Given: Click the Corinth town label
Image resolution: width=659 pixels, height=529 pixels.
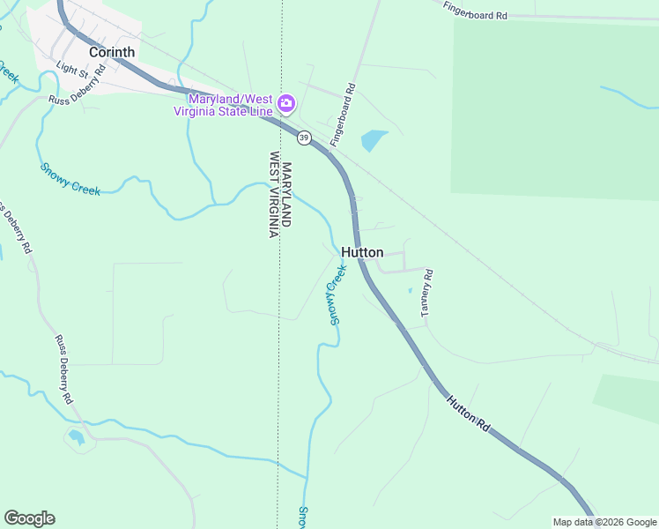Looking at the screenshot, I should pyautogui.click(x=112, y=52).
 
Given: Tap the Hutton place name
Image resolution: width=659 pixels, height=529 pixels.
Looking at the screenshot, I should pyautogui.click(x=362, y=251).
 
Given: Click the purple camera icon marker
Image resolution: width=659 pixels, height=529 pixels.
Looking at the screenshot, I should pyautogui.click(x=285, y=104).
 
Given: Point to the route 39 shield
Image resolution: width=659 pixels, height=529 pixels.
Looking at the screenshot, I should pyautogui.click(x=304, y=138).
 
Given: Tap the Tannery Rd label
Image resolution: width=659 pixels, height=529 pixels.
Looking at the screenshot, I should pyautogui.click(x=427, y=294).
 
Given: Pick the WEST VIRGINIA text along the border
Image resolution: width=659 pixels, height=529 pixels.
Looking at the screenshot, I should pyautogui.click(x=274, y=194).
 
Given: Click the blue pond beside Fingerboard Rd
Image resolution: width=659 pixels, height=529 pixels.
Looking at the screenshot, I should pyautogui.click(x=374, y=139).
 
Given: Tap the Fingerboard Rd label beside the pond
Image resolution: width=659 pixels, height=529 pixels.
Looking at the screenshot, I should pyautogui.click(x=343, y=115).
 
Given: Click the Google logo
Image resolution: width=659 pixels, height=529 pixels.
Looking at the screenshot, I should pyautogui.click(x=29, y=518).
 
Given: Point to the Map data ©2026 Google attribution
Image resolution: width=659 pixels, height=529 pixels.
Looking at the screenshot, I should pyautogui.click(x=604, y=522).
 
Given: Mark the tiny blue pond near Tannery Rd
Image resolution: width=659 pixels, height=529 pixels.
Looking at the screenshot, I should pyautogui.click(x=410, y=289).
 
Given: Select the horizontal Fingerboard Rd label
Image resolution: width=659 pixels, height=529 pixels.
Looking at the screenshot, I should pyautogui.click(x=477, y=13).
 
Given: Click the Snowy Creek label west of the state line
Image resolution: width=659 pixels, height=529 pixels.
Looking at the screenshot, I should pyautogui.click(x=70, y=179).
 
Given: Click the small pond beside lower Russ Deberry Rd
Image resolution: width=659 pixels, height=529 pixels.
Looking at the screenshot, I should pyautogui.click(x=77, y=436).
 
